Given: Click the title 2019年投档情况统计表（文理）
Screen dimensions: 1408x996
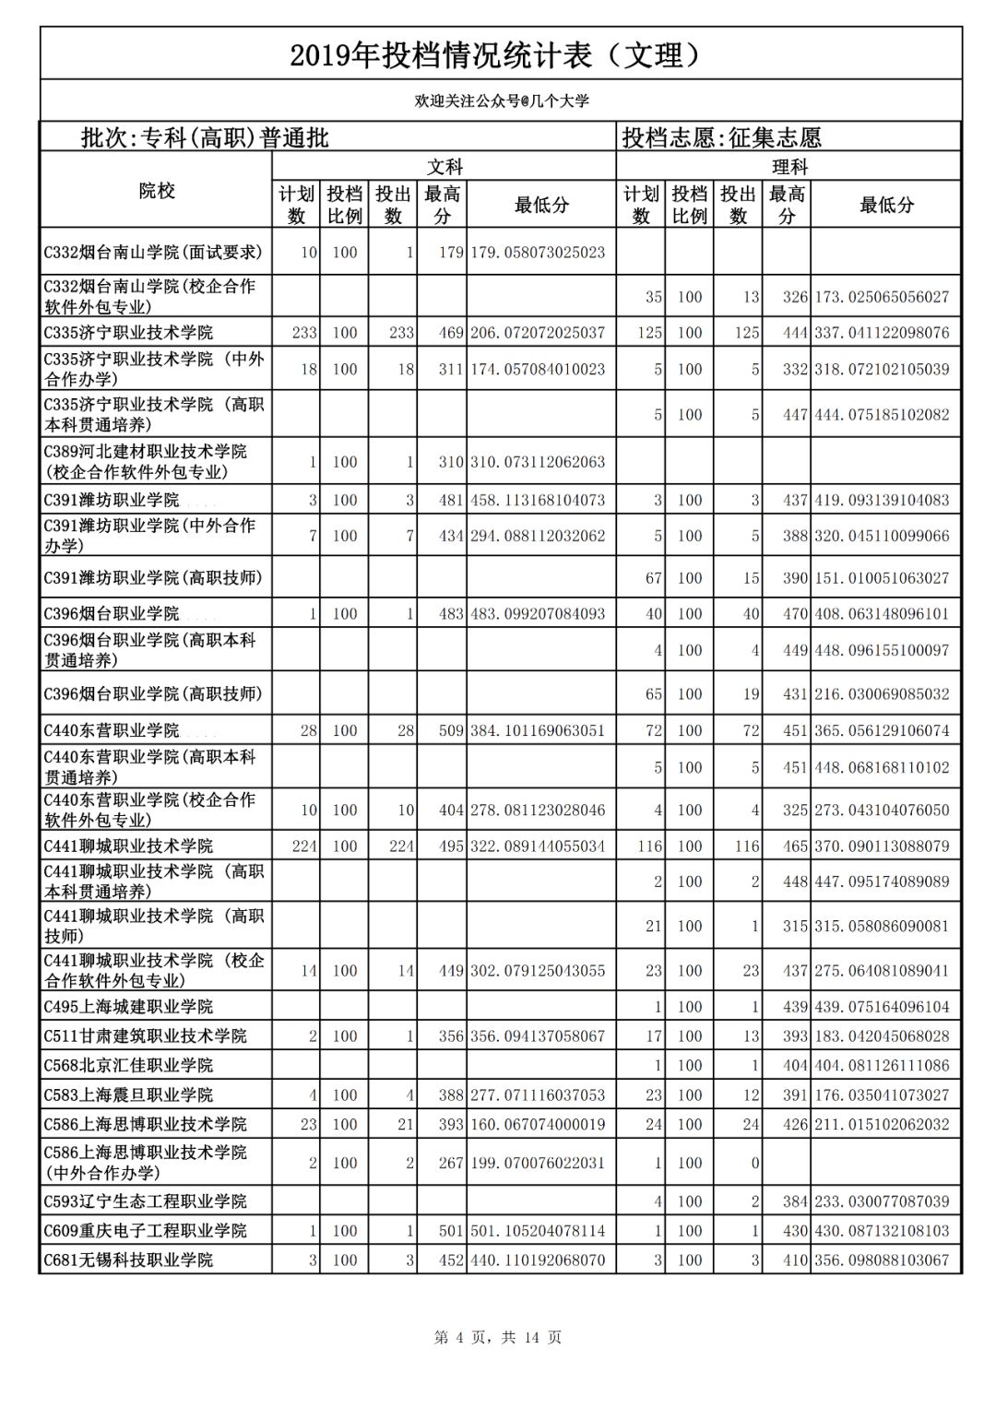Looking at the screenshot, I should point(497,56).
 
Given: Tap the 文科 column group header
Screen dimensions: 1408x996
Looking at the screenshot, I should point(444,167).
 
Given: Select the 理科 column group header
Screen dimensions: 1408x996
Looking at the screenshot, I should point(788,167).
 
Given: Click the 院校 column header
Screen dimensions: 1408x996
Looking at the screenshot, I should point(157,191).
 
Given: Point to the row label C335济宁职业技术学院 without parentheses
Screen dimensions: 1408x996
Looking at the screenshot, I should point(128,332).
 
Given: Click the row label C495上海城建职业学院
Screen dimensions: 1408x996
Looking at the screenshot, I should point(128,1006).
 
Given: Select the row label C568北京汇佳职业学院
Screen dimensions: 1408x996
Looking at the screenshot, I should point(128,1065).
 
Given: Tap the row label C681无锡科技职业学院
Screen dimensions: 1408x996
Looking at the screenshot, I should point(128,1260).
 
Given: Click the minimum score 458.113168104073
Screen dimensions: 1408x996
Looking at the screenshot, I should point(538,500).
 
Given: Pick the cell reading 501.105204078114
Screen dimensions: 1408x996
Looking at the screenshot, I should point(538,1230).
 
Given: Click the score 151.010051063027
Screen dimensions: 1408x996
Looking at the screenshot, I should point(881,578).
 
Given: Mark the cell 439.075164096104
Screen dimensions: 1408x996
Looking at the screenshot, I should point(881,1006).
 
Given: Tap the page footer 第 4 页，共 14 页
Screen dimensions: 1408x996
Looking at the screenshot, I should point(498,1337).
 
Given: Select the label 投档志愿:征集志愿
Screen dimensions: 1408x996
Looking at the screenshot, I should point(721,138).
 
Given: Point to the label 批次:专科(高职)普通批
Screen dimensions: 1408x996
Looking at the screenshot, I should point(205,138).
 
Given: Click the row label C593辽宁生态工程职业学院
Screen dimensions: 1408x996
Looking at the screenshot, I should point(145,1201).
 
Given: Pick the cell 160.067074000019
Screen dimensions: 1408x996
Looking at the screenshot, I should point(538,1124).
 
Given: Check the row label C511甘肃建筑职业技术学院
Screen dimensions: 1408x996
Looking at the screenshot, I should point(145,1035).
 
